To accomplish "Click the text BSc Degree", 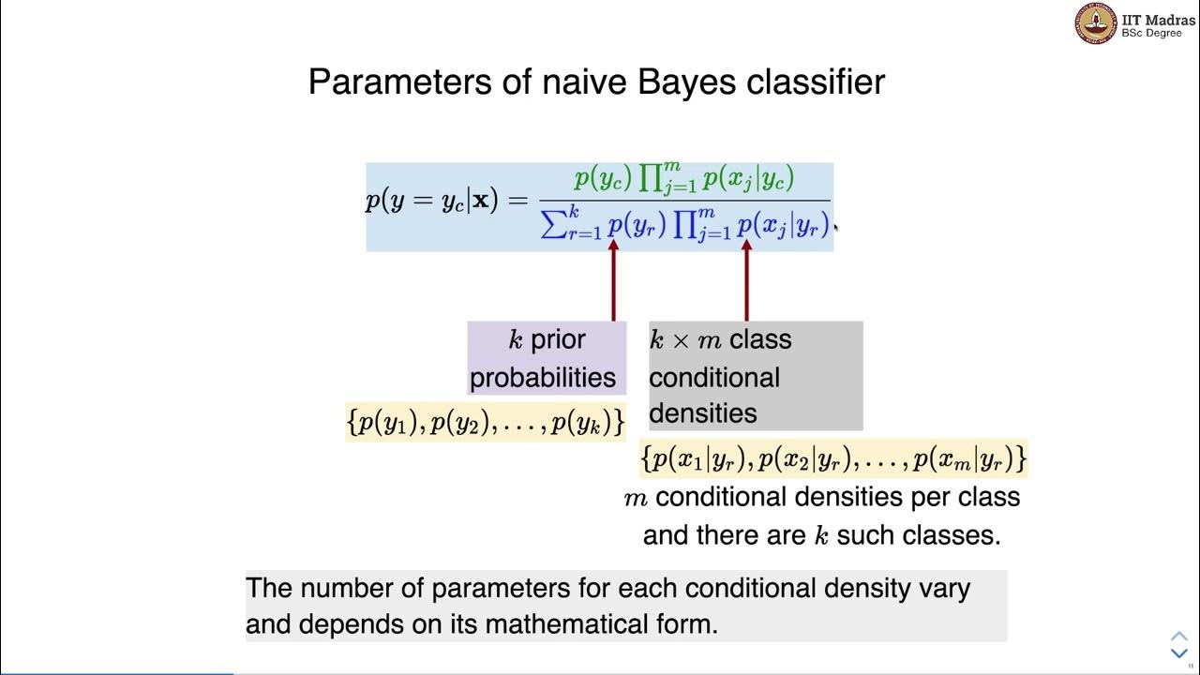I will point(1152,34).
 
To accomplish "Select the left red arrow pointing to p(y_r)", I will point(614,281).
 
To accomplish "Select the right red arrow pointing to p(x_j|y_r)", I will point(746,281).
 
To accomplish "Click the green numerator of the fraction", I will point(684,179).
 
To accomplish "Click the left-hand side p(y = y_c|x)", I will point(432,202).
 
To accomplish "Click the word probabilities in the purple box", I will point(543,378).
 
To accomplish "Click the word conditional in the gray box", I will point(713,378).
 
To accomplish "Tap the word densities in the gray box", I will point(689,413).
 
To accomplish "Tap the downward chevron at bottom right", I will point(1179,653).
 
